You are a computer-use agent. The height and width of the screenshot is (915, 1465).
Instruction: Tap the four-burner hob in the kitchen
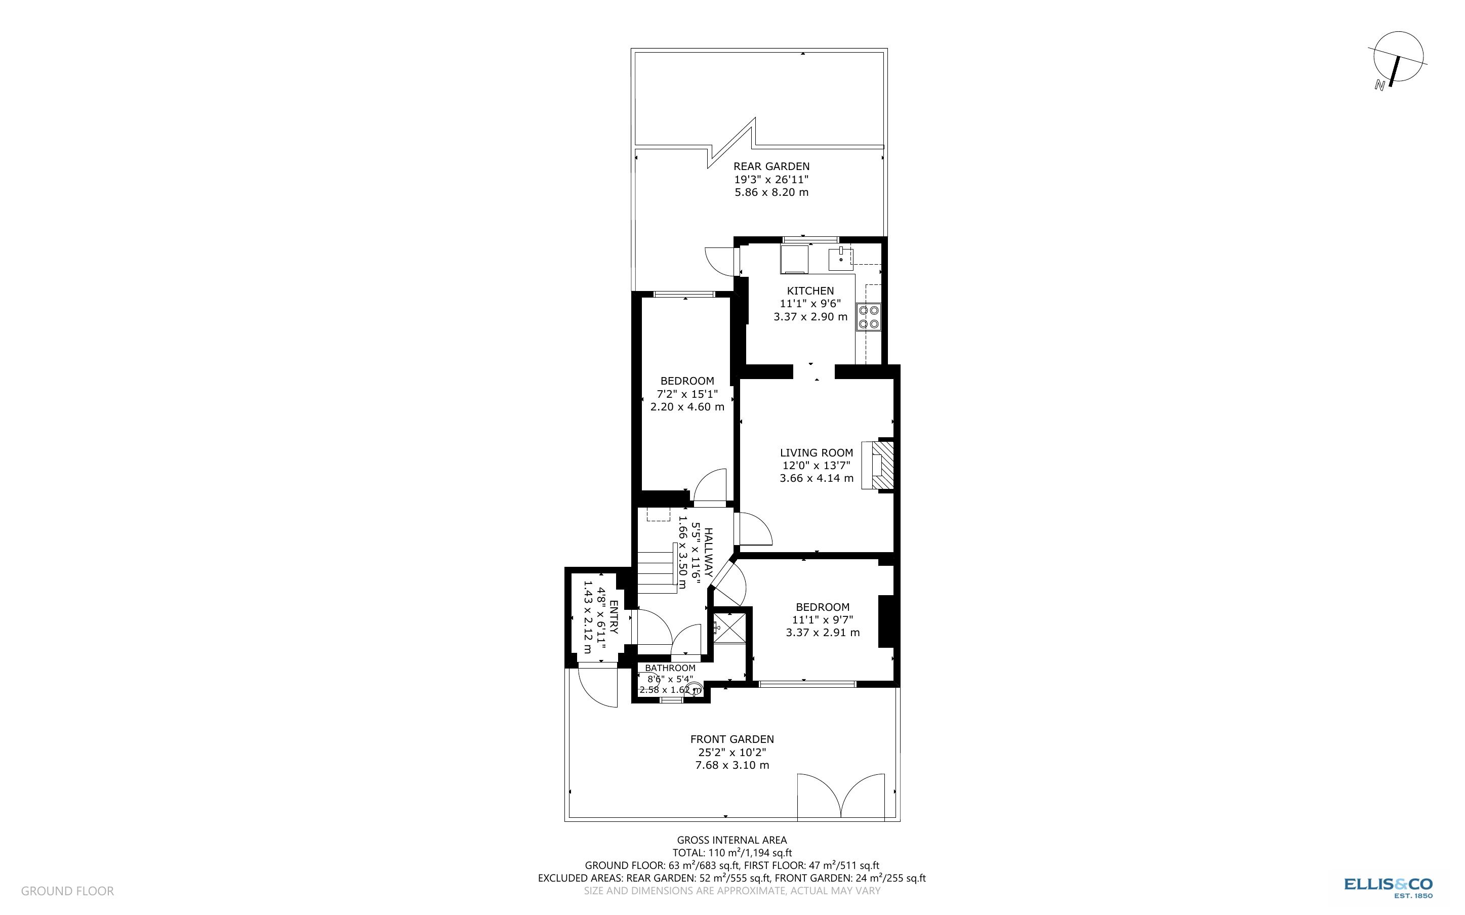click(x=868, y=318)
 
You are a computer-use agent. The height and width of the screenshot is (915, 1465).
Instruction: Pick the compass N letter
click(x=1379, y=86)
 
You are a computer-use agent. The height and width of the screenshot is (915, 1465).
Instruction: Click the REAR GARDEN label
click(x=771, y=167)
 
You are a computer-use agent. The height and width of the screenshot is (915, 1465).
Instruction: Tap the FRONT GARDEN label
click(x=731, y=739)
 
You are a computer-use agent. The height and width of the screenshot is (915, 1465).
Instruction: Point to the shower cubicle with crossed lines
click(x=730, y=627)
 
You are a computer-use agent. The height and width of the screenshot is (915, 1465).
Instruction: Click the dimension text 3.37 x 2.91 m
click(x=823, y=633)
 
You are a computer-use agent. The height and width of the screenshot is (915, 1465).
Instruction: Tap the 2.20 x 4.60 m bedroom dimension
click(x=687, y=407)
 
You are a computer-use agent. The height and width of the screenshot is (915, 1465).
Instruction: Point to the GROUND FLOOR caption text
click(x=67, y=891)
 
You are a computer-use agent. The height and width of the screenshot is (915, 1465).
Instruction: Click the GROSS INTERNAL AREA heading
click(x=731, y=840)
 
